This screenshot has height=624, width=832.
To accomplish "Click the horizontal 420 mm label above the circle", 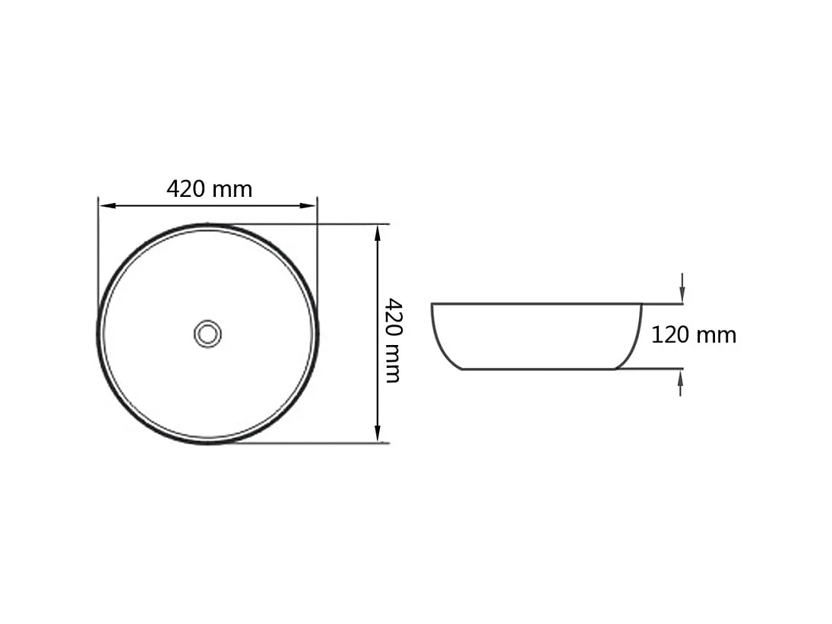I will tap(209, 188).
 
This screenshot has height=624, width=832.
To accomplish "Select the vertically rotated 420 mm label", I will tap(392, 340).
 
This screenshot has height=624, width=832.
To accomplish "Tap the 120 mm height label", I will tap(693, 335).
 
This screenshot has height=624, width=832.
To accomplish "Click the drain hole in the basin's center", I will tap(207, 333).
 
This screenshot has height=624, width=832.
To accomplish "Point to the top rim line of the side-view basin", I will tap(536, 304).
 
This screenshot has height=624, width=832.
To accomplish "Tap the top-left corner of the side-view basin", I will tap(432, 304).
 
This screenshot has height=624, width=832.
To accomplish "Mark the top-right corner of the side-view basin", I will tap(641, 304).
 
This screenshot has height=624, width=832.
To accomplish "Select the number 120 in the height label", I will tap(670, 335).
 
